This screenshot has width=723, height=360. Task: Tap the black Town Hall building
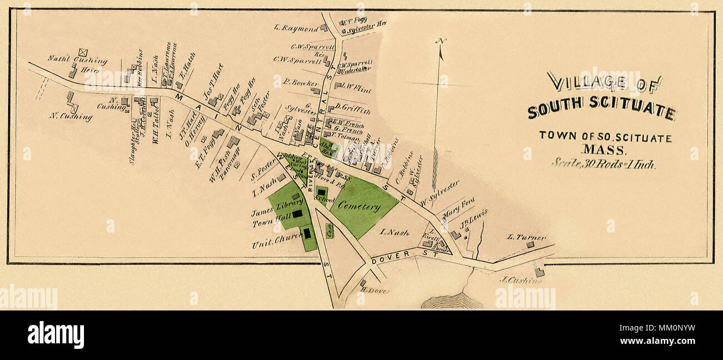coord(298,213)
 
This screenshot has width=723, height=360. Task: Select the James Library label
coord(270,212)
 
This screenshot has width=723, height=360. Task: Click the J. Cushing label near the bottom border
coord(521,280)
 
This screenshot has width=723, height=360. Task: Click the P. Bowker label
coord(300,82)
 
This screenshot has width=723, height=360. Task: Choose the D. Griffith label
coord(352,111)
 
